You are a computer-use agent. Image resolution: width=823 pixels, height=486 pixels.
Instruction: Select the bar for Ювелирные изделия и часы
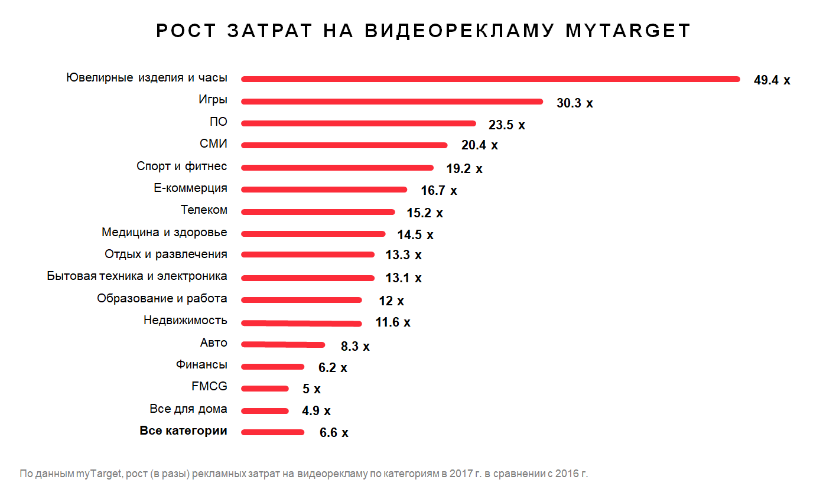click(x=490, y=79)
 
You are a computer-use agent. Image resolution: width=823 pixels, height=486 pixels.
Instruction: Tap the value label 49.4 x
click(x=772, y=80)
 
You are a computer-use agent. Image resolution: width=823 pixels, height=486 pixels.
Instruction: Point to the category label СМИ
click(x=213, y=144)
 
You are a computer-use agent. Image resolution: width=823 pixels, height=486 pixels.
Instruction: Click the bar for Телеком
click(x=318, y=212)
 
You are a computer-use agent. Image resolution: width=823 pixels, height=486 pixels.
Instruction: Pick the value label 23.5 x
click(x=506, y=125)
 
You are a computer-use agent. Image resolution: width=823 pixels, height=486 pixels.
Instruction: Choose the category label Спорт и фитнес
click(x=181, y=167)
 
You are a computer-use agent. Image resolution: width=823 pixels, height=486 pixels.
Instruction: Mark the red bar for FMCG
click(x=265, y=389)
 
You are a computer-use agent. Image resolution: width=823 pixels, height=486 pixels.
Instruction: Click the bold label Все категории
click(x=183, y=431)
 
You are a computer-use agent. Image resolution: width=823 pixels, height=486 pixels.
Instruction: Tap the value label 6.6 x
click(x=334, y=433)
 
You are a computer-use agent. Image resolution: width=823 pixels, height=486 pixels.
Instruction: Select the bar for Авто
click(x=283, y=345)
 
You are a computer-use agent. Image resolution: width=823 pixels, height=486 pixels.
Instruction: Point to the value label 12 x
click(x=391, y=301)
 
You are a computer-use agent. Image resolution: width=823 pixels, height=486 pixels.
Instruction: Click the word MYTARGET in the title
click(x=627, y=31)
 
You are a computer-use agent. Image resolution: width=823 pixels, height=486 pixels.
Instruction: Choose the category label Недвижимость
click(x=185, y=321)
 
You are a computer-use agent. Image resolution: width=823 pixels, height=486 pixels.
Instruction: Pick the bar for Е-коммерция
click(x=324, y=190)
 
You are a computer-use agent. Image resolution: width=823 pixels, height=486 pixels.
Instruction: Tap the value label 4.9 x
click(x=316, y=411)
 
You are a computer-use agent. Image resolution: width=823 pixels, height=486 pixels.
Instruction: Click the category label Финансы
click(x=201, y=365)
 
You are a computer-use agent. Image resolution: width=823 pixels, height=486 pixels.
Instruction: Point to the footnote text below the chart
click(x=304, y=474)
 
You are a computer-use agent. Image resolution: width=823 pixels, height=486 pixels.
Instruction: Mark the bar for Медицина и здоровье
click(x=313, y=234)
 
